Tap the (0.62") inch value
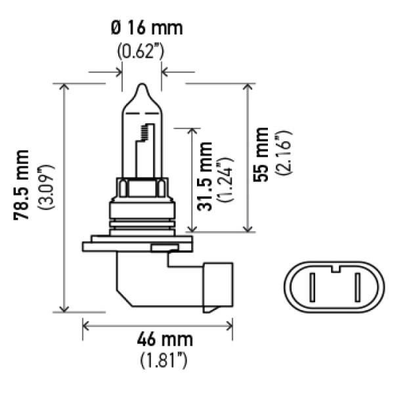click(141, 51)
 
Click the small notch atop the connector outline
click(336, 267)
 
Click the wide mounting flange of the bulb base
click(138, 247)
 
